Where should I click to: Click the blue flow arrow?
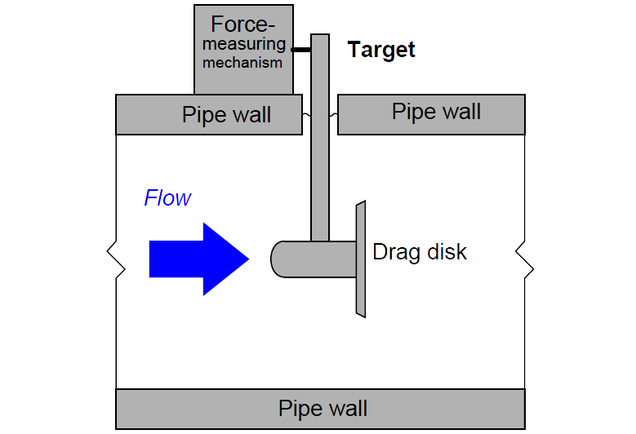point(198,259)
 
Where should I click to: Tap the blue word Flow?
point(167,198)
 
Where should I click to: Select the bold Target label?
point(381,51)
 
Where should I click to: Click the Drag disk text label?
point(420,252)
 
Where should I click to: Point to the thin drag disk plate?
point(361,259)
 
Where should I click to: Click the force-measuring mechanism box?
point(243,50)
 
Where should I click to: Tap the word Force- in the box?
point(242,24)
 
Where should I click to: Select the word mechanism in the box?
point(242,63)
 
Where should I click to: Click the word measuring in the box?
point(244,44)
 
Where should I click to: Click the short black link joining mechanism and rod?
point(301,50)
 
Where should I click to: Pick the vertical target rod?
point(320,138)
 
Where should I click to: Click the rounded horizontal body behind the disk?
point(314,259)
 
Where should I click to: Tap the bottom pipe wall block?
point(320,409)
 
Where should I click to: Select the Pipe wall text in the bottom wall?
point(322,409)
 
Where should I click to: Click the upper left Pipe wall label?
point(226,115)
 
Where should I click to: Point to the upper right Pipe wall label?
point(436,112)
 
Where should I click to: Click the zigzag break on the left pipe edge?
point(116,259)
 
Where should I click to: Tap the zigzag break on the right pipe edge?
point(525,259)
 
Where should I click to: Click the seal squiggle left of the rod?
point(307,115)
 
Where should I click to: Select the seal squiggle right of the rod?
point(333,115)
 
